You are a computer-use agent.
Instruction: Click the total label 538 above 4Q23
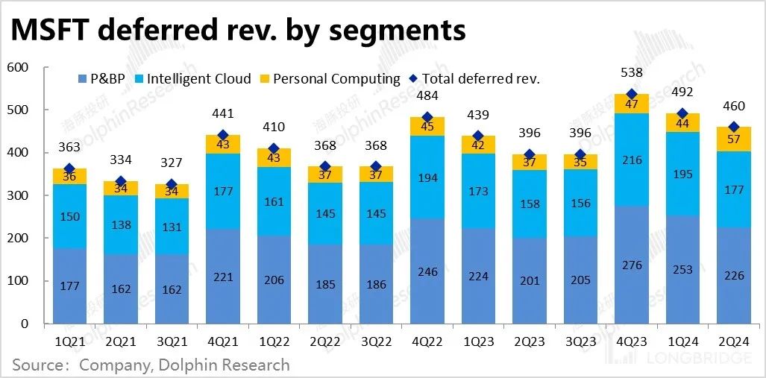coord(631,74)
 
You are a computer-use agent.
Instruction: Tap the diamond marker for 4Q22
coord(427,117)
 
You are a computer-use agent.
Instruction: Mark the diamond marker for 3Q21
coord(172,184)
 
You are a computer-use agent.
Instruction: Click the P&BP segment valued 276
coord(631,265)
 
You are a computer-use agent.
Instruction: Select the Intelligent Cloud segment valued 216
coord(631,160)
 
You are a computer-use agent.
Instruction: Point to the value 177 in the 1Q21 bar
coord(69,286)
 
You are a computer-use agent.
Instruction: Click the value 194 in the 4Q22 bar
coord(427,177)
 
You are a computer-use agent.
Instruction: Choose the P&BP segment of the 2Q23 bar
coord(529,281)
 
